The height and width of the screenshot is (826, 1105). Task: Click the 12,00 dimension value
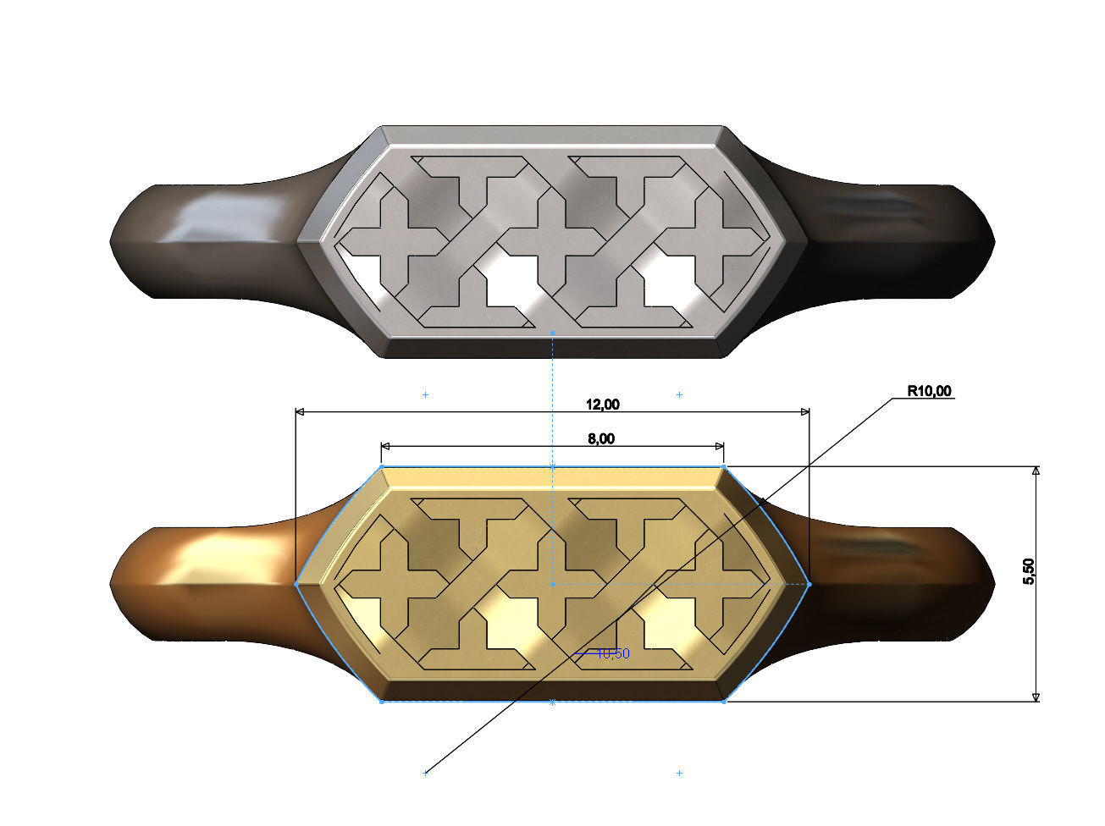pyautogui.click(x=603, y=405)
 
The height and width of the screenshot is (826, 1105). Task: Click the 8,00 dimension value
pyautogui.click(x=601, y=438)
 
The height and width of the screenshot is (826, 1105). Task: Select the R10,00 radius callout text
pyautogui.click(x=929, y=391)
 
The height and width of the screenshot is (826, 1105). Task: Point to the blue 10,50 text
pyautogui.click(x=612, y=653)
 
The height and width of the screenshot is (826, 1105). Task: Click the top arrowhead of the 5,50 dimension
pyautogui.click(x=1036, y=472)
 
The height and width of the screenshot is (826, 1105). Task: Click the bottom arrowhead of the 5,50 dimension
pyautogui.click(x=1036, y=696)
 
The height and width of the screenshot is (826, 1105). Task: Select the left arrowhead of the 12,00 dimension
pyautogui.click(x=300, y=412)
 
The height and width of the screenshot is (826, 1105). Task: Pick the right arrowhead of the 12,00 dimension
pyautogui.click(x=804, y=412)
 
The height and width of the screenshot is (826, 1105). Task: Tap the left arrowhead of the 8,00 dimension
pyautogui.click(x=386, y=446)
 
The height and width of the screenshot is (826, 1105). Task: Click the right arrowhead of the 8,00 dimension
pyautogui.click(x=718, y=446)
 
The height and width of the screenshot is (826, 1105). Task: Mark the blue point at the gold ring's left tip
pyautogui.click(x=296, y=584)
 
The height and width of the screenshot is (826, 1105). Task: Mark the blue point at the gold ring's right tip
pyautogui.click(x=809, y=584)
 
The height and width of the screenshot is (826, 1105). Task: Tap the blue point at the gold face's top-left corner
pyautogui.click(x=381, y=466)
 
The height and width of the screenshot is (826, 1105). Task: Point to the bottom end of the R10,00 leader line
pyautogui.click(x=426, y=772)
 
